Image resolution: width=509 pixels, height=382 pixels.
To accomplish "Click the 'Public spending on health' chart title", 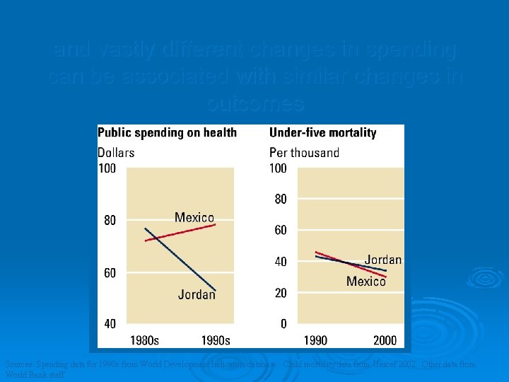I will [x=167, y=132].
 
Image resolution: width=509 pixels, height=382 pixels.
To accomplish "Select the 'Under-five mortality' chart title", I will [x=323, y=132].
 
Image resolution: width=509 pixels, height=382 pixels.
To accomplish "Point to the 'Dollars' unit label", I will [x=116, y=152].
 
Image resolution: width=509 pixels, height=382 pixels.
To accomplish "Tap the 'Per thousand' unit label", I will [x=304, y=152].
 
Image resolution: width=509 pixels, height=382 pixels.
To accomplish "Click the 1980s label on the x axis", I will [x=144, y=340].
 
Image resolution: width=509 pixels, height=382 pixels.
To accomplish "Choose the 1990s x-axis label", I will [x=216, y=340].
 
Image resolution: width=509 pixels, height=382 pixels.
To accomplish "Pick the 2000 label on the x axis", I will [x=385, y=340].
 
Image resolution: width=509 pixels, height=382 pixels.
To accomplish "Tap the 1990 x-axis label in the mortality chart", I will [x=315, y=340].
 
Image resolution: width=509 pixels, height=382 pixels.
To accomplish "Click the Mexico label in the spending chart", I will [x=194, y=217].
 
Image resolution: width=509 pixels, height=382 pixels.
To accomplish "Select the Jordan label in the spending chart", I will [x=197, y=294].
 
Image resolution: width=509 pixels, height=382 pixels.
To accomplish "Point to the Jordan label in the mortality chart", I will [x=383, y=260].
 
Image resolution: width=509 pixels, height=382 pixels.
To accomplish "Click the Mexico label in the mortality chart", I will [x=366, y=282].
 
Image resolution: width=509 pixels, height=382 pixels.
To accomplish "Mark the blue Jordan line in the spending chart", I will [x=180, y=259].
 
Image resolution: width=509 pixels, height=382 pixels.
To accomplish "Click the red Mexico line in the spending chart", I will [x=180, y=233].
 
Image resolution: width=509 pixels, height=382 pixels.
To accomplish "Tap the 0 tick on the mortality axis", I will [x=283, y=324].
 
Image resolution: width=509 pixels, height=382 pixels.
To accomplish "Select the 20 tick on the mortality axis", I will [x=281, y=293].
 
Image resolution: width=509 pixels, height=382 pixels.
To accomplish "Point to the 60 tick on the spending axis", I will [x=110, y=273].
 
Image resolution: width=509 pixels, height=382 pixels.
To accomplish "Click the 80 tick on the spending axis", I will [x=110, y=221].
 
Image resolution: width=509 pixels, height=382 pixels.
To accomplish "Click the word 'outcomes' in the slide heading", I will [x=256, y=103].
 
